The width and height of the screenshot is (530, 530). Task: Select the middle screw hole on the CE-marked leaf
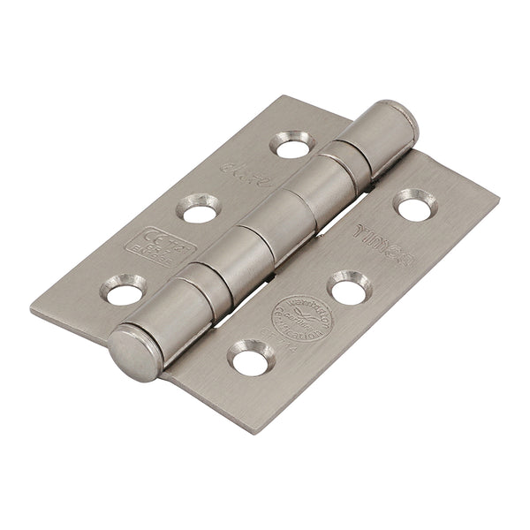pyautogui.click(x=198, y=208)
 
